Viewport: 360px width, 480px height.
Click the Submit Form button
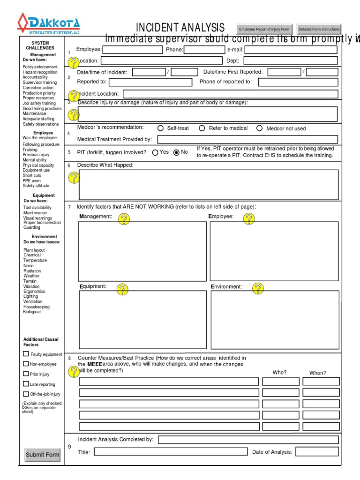tap(43, 454)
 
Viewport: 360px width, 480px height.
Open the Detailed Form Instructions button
tap(319, 29)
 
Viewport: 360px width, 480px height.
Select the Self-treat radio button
tap(160, 128)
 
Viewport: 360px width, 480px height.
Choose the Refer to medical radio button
tap(202, 128)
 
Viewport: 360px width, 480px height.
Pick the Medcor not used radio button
tap(259, 128)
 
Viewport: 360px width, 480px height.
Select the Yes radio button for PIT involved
tap(155, 152)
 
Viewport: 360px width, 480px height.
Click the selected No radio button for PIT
tap(176, 152)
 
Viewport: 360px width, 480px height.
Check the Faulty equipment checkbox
tap(26, 354)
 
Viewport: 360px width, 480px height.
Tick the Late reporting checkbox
tap(26, 384)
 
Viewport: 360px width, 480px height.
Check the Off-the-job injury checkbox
tap(26, 394)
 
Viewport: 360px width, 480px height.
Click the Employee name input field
tap(132, 50)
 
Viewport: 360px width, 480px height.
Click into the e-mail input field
tap(291, 50)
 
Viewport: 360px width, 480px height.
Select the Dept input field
tap(291, 60)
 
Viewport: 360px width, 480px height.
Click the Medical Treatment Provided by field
tap(247, 139)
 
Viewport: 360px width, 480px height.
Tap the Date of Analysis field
tap(316, 452)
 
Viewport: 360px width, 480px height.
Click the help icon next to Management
tap(124, 218)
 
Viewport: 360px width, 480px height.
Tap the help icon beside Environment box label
tap(258, 288)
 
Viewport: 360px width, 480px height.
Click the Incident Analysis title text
tap(180, 28)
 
